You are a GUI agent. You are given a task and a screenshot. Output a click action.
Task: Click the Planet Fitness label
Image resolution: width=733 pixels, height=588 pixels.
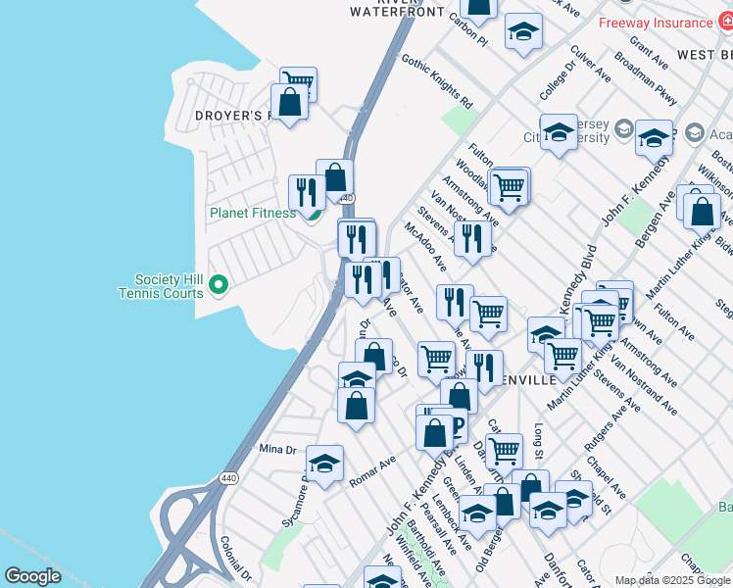pos(252,213)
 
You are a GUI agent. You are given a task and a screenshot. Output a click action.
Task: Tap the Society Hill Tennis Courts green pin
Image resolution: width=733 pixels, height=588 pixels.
pos(219,285)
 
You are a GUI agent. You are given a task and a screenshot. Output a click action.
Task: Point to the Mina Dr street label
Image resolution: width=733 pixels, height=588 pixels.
pos(277,449)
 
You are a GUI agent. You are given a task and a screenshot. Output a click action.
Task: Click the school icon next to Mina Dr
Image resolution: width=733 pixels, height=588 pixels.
pos(324,465)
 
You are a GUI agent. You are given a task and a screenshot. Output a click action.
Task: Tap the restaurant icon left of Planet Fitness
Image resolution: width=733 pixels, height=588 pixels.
pos(307,193)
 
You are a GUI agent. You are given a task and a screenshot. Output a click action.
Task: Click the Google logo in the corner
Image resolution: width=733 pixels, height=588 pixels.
pos(33,576)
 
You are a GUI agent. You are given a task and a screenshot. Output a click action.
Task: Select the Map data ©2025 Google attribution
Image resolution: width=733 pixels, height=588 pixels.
pos(673,580)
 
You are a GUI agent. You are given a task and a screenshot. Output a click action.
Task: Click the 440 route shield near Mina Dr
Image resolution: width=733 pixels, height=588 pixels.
pos(228,478)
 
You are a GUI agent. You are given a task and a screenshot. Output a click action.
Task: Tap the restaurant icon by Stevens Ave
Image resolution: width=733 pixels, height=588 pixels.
pos(472,239)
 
